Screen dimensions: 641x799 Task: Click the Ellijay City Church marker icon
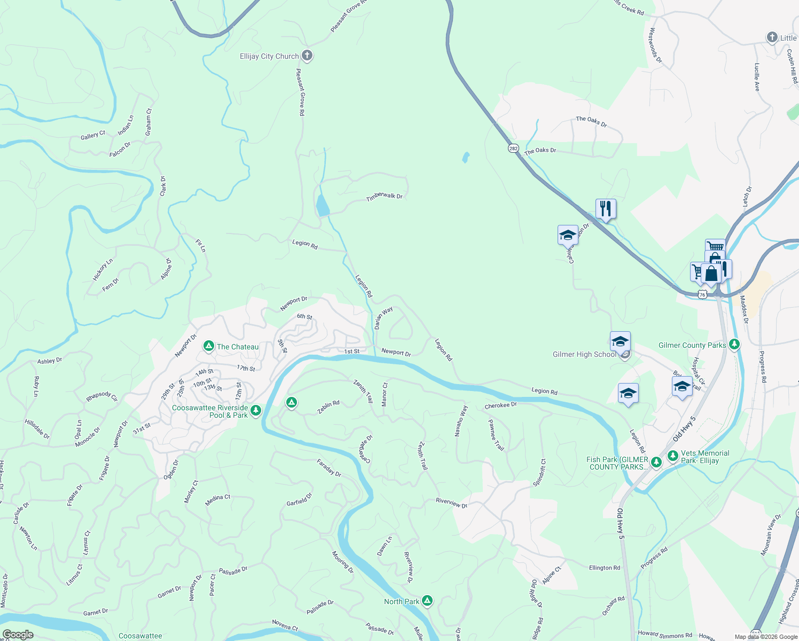click(x=307, y=56)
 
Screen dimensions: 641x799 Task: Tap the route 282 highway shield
click(x=513, y=148)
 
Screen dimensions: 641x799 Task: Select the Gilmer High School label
click(x=584, y=354)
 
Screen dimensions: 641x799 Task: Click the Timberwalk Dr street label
click(x=384, y=197)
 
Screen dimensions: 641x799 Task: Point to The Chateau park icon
click(x=209, y=347)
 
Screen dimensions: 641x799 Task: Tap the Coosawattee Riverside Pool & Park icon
click(x=256, y=410)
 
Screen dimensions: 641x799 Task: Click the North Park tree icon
click(x=427, y=601)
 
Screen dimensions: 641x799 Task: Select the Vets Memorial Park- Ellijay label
click(x=705, y=457)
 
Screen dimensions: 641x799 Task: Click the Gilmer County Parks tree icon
click(x=734, y=345)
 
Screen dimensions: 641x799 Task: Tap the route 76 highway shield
click(x=702, y=294)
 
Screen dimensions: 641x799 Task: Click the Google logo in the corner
click(x=18, y=635)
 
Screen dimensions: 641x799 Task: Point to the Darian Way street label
click(x=383, y=317)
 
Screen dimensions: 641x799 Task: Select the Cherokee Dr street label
click(x=500, y=405)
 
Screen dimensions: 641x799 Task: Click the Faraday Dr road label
click(x=329, y=467)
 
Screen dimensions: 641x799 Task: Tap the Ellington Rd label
click(x=604, y=568)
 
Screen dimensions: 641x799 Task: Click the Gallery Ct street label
click(x=93, y=136)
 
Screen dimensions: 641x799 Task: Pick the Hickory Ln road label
click(x=103, y=269)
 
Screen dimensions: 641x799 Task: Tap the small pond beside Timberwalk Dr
click(x=323, y=205)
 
